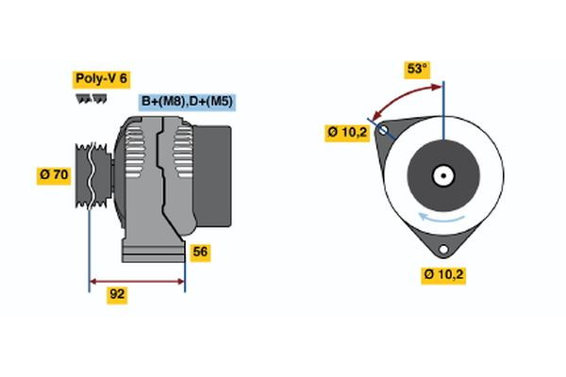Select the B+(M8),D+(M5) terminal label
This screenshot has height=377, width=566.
[x=187, y=101]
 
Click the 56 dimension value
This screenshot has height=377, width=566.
[x=200, y=252]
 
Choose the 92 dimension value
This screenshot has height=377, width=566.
[x=117, y=294]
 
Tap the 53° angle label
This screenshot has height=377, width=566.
[x=417, y=69]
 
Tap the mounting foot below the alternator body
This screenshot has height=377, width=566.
[x=151, y=251]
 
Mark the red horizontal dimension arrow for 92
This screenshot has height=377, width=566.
[x=137, y=280]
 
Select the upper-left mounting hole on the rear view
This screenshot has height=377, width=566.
[x=383, y=132]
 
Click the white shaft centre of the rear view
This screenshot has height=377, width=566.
[x=442, y=174]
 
